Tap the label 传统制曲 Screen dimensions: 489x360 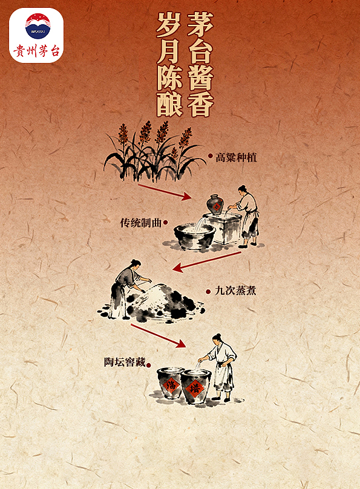click(141, 223)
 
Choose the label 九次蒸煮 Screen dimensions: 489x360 click(235, 290)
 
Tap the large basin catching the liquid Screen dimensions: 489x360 click(194, 236)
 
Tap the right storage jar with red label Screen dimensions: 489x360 click(194, 385)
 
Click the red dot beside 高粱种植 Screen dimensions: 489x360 click(210, 156)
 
